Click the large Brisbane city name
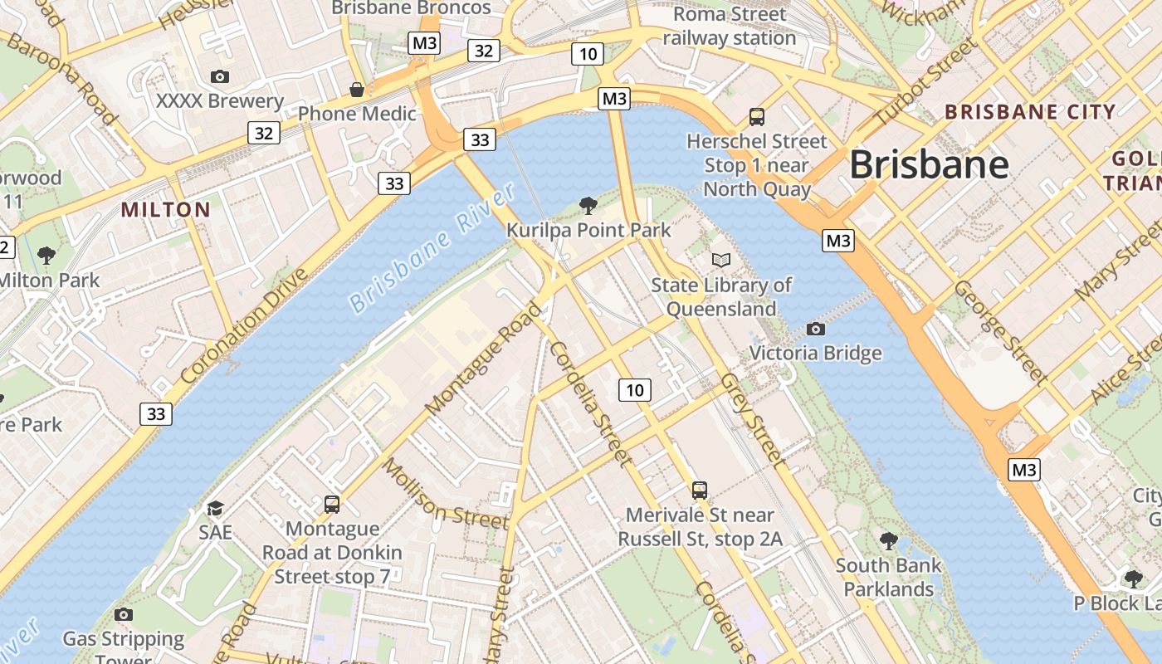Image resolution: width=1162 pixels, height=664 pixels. click(x=929, y=164)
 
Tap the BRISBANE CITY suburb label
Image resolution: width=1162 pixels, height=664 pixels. click(x=1030, y=112)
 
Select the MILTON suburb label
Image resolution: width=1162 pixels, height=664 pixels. click(x=166, y=209)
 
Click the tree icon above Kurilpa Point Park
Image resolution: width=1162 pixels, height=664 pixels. click(x=588, y=205)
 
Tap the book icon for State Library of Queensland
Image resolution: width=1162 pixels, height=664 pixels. click(x=721, y=261)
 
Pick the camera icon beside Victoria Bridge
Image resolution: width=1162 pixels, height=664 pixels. click(x=816, y=329)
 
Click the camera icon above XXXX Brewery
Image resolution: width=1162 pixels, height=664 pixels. click(x=220, y=77)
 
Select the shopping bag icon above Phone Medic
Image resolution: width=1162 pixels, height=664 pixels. click(x=357, y=89)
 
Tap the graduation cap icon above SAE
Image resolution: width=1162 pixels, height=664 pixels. click(x=215, y=508)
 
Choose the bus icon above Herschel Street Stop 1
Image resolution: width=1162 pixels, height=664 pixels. click(x=756, y=117)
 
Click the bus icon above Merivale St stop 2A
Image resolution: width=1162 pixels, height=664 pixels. click(x=700, y=491)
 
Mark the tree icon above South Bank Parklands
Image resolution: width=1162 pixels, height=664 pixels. click(x=889, y=541)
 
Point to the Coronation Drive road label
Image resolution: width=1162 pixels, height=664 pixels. click(x=244, y=325)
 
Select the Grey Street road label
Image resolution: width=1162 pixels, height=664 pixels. click(x=752, y=418)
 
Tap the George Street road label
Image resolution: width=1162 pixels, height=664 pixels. click(x=1001, y=331)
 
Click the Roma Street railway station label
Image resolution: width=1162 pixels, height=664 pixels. click(x=730, y=26)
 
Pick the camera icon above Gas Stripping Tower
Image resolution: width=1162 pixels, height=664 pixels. click(x=124, y=614)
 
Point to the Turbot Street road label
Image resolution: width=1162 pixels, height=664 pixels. click(x=923, y=82)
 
